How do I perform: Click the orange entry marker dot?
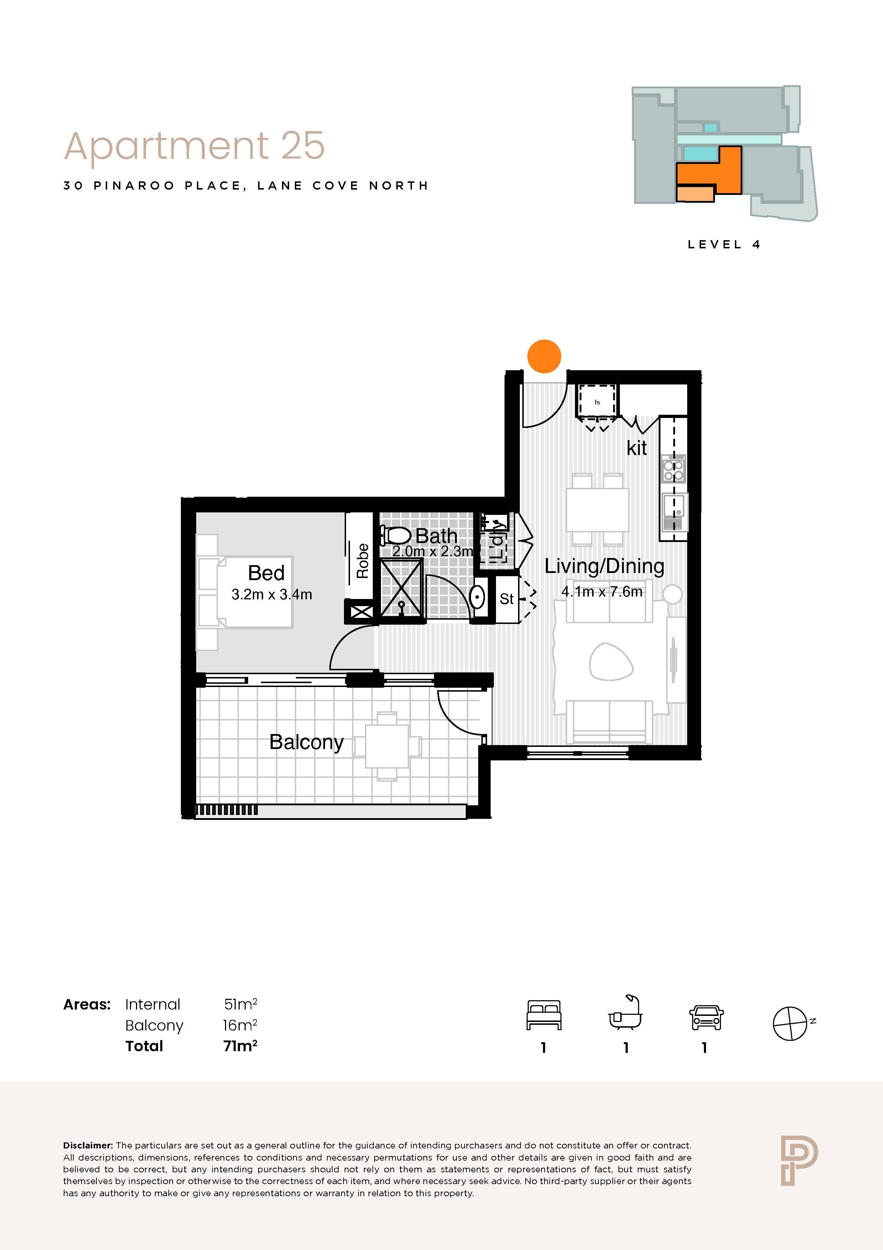(544, 357)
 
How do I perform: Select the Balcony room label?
(306, 743)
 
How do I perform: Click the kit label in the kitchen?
(637, 448)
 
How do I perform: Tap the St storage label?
(507, 599)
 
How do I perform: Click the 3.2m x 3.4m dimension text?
(271, 594)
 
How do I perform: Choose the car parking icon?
(706, 1018)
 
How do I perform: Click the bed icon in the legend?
(544, 1015)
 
